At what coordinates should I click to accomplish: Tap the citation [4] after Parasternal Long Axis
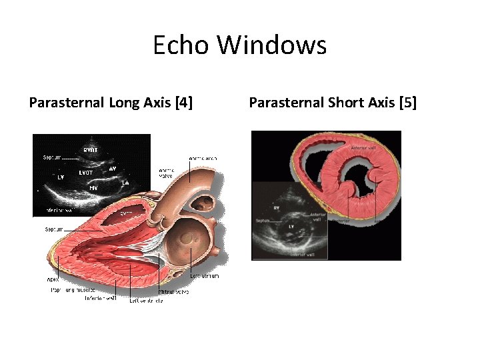(x=183, y=103)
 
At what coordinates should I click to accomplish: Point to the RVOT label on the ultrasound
(x=91, y=150)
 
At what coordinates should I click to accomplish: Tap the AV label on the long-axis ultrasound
(x=113, y=169)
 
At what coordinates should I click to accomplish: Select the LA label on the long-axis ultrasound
(x=125, y=182)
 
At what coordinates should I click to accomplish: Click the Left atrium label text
(x=204, y=276)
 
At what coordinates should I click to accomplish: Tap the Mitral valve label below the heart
(x=173, y=291)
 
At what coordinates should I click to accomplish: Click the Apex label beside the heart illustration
(x=53, y=280)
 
